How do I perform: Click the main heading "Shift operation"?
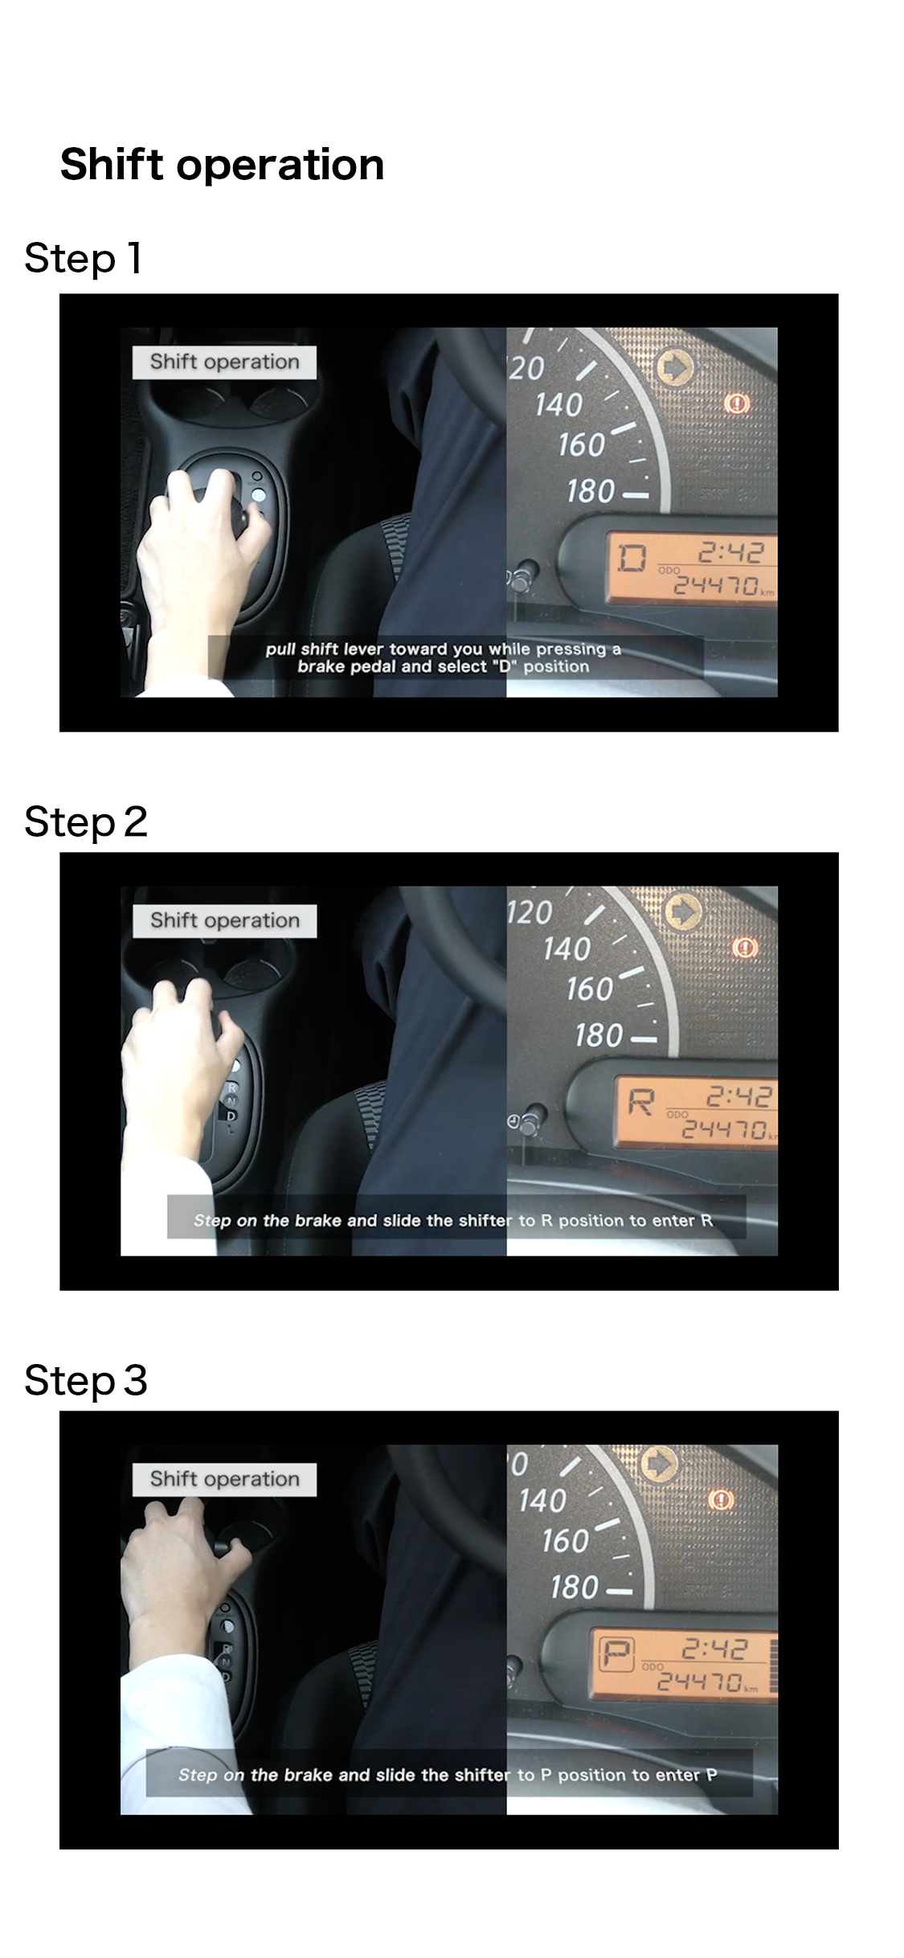(222, 165)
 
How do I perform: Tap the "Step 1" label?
(84, 259)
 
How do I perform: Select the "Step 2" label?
(86, 821)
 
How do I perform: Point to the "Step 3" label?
(86, 1380)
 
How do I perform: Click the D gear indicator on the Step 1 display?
(632, 556)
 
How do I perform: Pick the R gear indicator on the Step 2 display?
(640, 1101)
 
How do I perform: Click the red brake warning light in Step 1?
(737, 403)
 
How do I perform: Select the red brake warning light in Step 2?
(745, 948)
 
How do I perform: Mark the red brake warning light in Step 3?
(721, 1499)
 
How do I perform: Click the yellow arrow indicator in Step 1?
(675, 367)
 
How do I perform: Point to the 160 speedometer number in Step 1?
(582, 444)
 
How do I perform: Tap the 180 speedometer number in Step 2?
(599, 1035)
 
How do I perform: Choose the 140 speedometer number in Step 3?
(542, 1501)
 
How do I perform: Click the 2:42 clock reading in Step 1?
(731, 552)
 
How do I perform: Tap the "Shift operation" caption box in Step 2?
(224, 921)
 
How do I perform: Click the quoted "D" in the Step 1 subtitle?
(506, 666)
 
